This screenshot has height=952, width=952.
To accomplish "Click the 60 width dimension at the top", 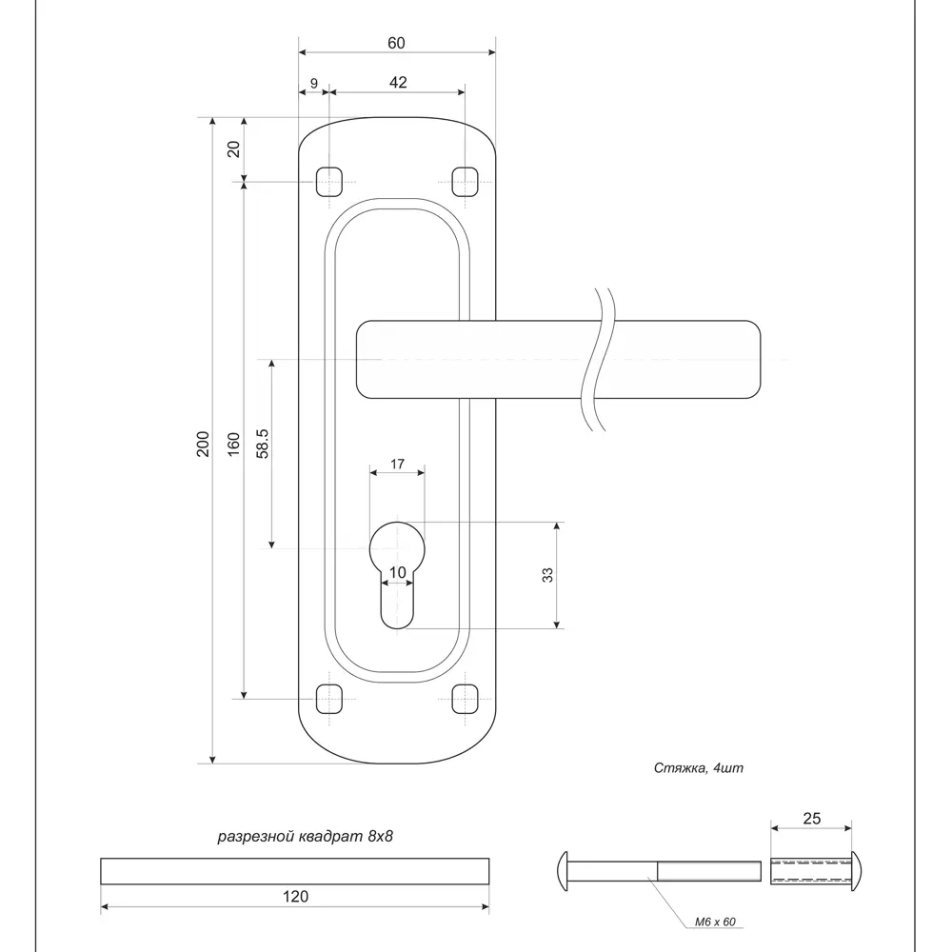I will pos(396,43).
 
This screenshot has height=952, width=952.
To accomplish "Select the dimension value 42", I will pos(398,83).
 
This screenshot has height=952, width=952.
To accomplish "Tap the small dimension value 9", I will pos(313,83).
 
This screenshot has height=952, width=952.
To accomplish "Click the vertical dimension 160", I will pos(234,444).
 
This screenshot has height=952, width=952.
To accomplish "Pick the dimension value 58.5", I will pos(263,444).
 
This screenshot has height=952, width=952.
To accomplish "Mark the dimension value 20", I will pos(234,148).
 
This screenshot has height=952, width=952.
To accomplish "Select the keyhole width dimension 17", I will pos(397,465).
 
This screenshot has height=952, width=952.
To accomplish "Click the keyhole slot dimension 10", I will pos(398,571).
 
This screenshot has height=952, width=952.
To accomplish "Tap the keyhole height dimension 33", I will pos(546,575).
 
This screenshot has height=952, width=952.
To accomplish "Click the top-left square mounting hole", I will pos(328,180).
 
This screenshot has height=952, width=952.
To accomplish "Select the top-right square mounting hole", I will pos(464,180).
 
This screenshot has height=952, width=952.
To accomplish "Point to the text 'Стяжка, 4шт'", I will pos(698,768).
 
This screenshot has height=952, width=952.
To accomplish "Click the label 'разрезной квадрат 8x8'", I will pos(306,837).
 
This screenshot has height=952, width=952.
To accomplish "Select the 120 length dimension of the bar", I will pos(296,896).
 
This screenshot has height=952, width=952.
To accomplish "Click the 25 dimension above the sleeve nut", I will pos(811,818).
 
